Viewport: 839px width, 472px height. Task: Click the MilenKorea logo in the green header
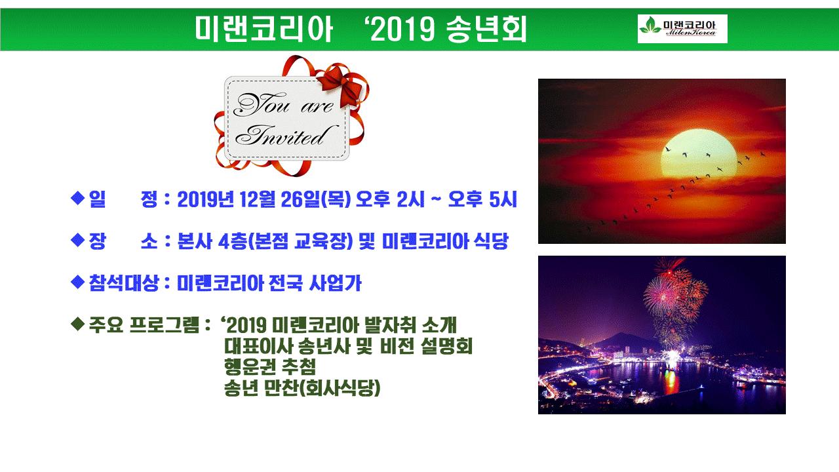[x=682, y=29]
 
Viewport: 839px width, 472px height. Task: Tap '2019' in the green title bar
[x=402, y=29]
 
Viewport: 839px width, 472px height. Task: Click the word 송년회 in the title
[x=486, y=29]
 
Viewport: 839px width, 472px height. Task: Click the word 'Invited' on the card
[x=285, y=135]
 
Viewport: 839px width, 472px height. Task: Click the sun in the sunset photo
[x=699, y=153]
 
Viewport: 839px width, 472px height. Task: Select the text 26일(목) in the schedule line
[x=316, y=199]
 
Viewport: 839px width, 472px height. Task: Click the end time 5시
[x=503, y=199]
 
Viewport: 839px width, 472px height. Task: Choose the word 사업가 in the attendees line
[x=335, y=283]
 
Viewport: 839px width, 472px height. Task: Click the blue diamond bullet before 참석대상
[x=77, y=282]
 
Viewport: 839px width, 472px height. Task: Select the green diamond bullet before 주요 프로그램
[x=77, y=324]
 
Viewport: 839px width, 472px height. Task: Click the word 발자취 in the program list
[x=390, y=324]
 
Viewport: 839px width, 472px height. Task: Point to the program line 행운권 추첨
[x=270, y=366]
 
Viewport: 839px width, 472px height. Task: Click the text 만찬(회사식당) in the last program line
[x=322, y=388]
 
